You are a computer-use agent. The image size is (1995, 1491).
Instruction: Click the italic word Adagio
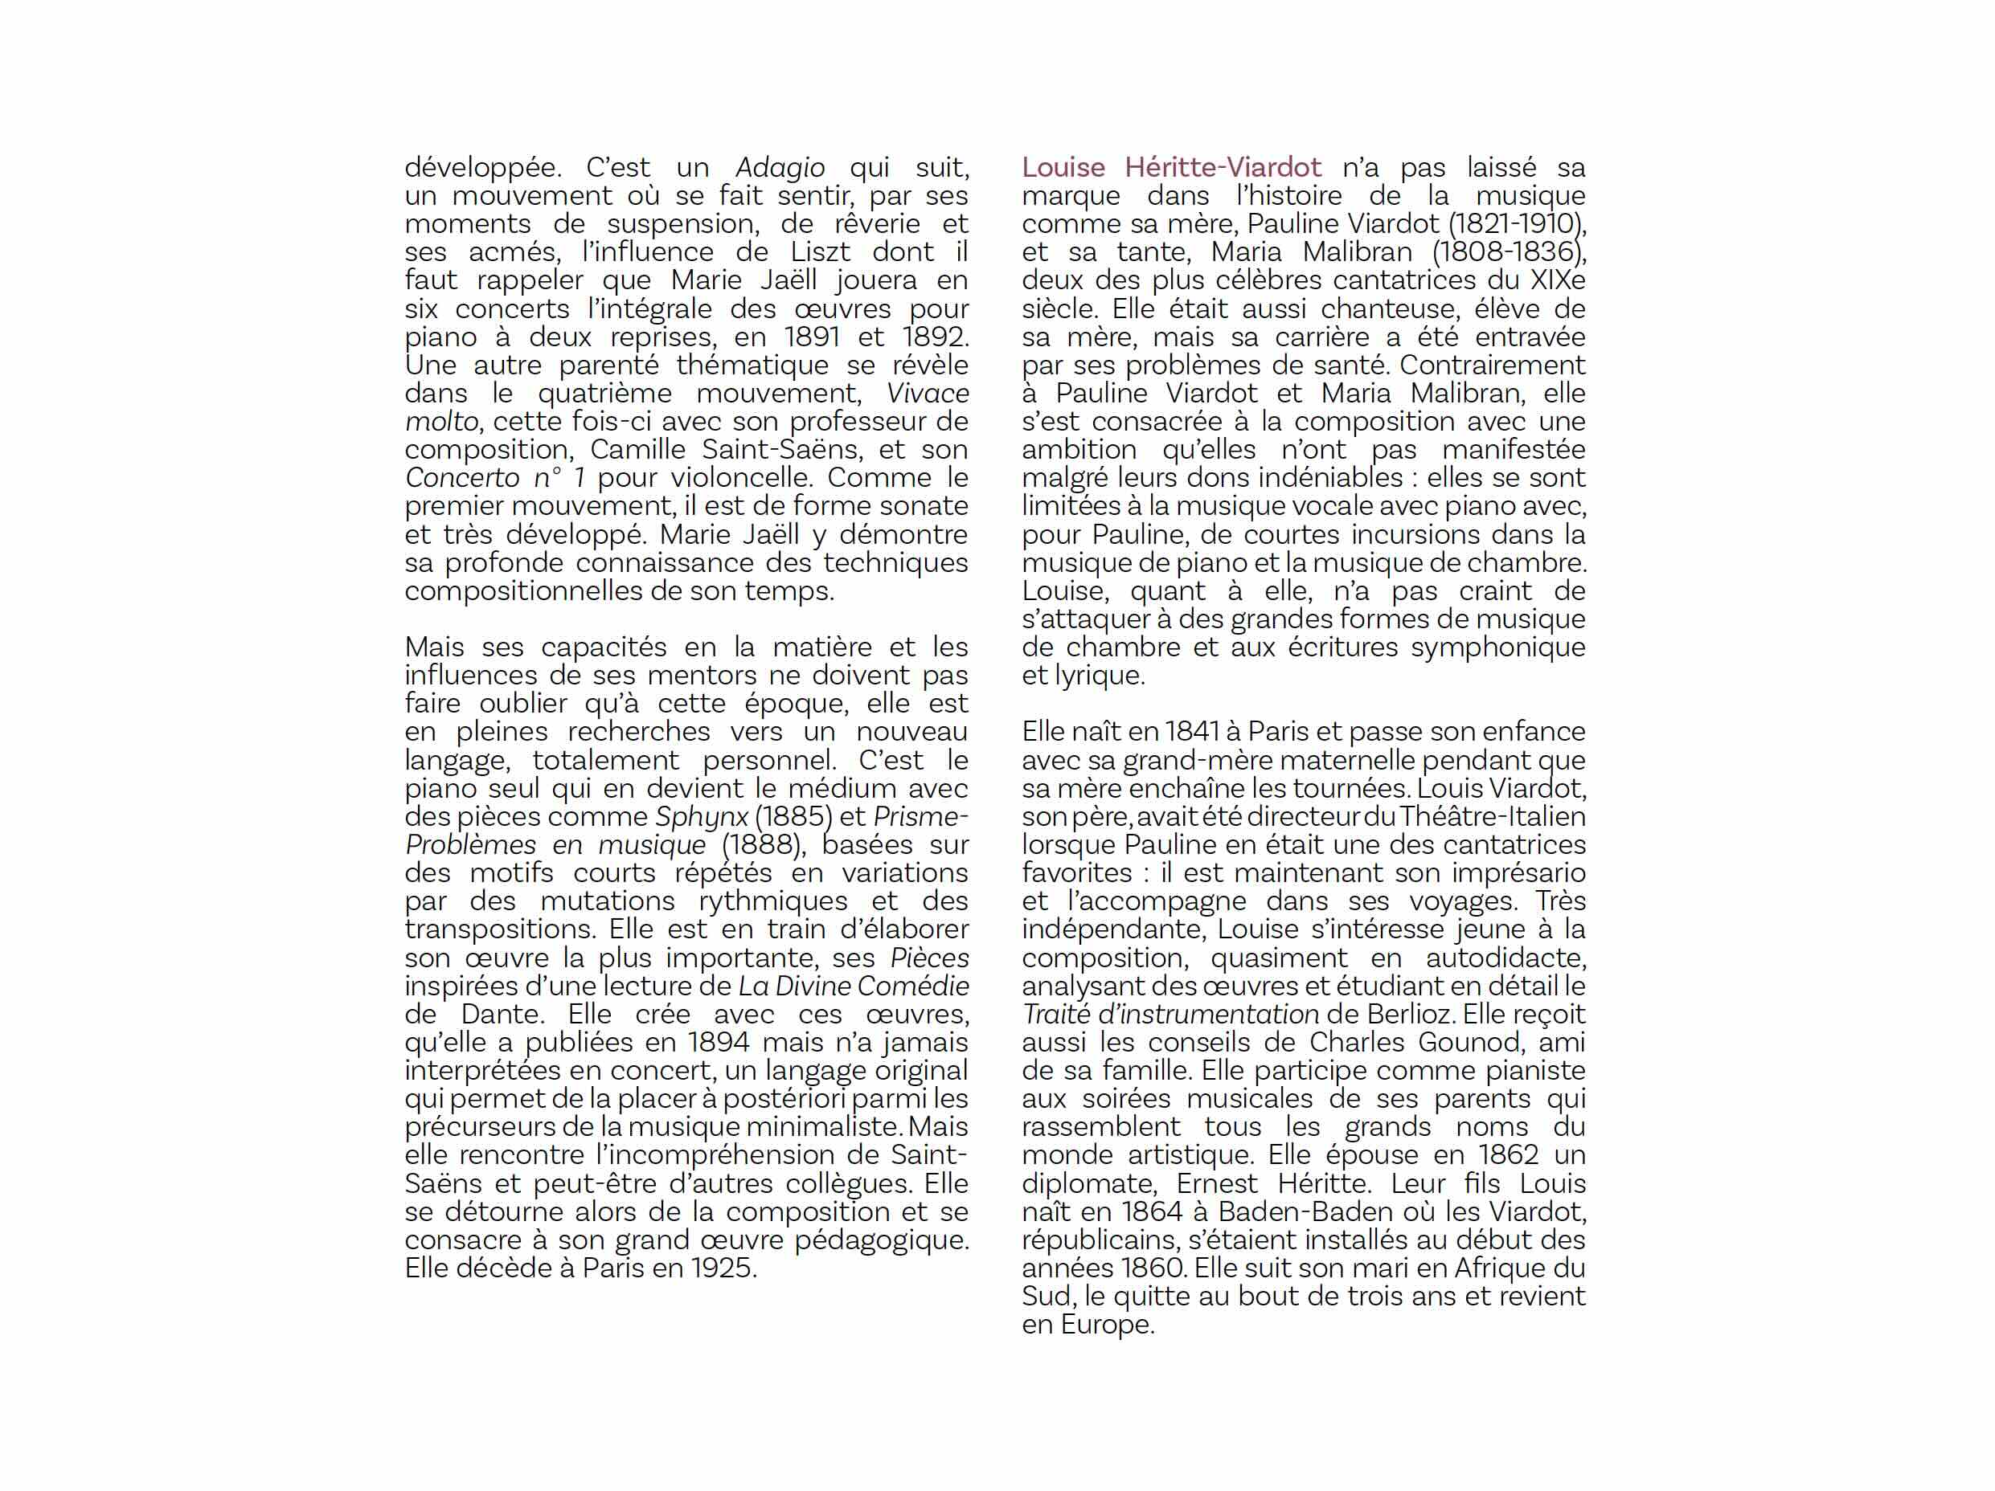tap(779, 168)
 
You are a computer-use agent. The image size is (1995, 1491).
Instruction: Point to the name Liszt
tap(820, 252)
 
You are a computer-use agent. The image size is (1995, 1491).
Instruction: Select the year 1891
tap(812, 337)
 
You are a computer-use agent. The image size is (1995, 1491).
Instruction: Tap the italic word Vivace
tap(927, 394)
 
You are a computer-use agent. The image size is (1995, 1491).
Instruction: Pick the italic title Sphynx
tap(701, 817)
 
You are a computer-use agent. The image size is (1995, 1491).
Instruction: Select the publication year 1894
tap(718, 1042)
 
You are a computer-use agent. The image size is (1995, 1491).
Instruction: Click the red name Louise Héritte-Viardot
tap(1170, 168)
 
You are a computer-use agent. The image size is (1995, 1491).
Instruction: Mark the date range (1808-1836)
tap(1508, 252)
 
